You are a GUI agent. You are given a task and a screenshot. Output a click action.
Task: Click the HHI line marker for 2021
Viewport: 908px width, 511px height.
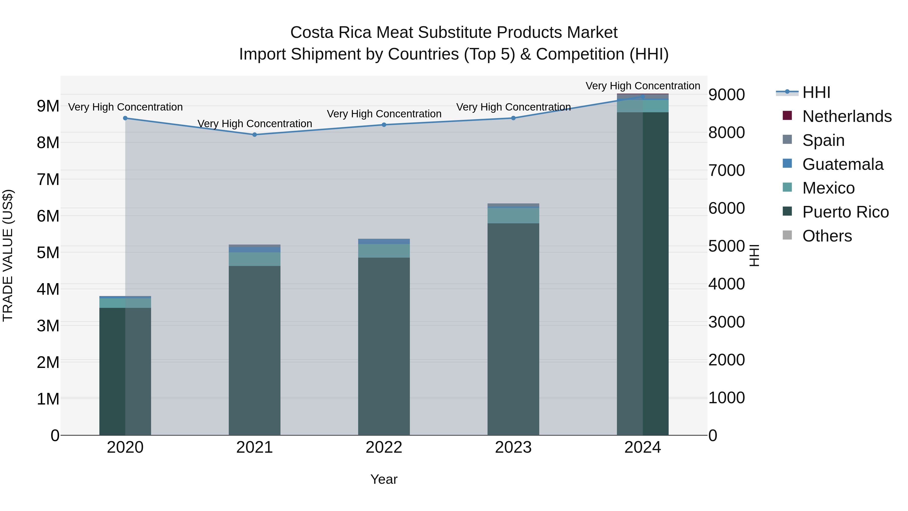tap(254, 134)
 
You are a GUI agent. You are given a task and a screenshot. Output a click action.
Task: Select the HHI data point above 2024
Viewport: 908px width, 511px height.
tap(643, 96)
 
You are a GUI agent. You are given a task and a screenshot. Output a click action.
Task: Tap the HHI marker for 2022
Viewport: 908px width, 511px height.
tap(384, 124)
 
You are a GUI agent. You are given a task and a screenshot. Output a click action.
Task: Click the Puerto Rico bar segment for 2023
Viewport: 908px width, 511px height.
tap(513, 328)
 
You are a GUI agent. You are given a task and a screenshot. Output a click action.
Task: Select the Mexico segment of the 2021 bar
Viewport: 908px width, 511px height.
tap(254, 259)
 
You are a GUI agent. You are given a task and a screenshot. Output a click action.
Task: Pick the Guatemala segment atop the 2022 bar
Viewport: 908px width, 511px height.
tap(384, 241)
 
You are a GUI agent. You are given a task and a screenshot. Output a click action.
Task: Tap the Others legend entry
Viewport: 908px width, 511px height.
tap(827, 236)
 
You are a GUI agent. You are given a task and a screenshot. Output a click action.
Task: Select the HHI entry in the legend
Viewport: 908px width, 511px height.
tap(816, 92)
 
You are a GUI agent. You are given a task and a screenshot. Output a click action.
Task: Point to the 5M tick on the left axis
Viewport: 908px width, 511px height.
tap(48, 253)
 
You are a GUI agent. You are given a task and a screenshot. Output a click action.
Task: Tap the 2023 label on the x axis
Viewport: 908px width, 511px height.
tap(513, 447)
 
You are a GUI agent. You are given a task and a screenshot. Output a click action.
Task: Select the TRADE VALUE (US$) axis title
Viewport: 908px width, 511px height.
tap(8, 255)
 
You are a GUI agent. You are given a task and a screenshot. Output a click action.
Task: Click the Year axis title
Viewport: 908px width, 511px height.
tap(384, 479)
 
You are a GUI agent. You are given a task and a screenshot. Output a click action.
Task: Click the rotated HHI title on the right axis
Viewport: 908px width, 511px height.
tap(754, 255)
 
